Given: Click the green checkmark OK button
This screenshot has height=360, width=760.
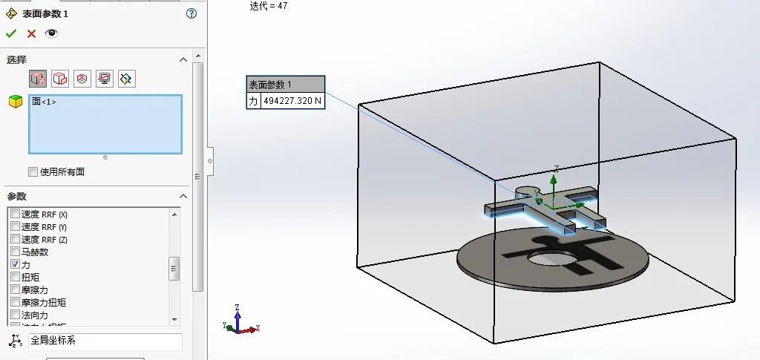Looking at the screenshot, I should (x=11, y=33).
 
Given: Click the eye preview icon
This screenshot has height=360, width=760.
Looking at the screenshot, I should (x=51, y=33).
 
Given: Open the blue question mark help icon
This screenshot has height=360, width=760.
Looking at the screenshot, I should (x=191, y=13).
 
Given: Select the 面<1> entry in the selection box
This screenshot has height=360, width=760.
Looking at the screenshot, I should (x=44, y=102).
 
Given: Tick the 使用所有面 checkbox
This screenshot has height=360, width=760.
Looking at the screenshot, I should (x=33, y=172).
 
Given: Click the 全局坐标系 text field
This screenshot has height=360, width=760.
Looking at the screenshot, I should (x=105, y=341).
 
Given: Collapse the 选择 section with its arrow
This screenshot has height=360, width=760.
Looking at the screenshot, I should (x=183, y=59).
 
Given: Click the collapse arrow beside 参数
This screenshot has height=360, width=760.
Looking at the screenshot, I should (x=183, y=196).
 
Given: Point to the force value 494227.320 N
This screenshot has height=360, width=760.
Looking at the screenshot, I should (x=292, y=100).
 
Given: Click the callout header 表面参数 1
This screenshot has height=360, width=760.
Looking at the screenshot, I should (x=286, y=84).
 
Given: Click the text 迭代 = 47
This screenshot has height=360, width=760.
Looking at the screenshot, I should (x=269, y=6).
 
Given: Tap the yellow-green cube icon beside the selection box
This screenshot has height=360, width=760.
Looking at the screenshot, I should (x=16, y=102).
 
